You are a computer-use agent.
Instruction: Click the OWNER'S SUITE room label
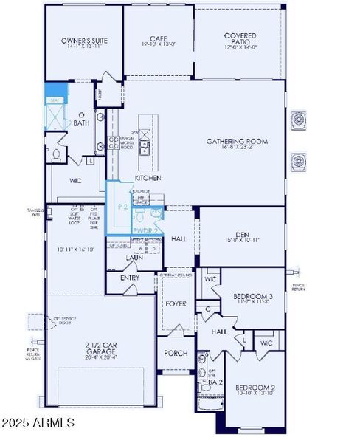[x=84, y=40]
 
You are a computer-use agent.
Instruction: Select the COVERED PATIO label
[x=240, y=35]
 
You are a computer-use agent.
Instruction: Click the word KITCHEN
[x=148, y=178]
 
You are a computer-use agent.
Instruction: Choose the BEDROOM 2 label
[x=255, y=388]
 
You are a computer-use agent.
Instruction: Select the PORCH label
[x=174, y=353]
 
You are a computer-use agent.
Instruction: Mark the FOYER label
[x=176, y=303]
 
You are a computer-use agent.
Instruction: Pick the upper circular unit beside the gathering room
[x=299, y=120]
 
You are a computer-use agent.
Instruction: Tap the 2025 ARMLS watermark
[x=39, y=423]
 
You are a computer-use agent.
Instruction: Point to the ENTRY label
[x=129, y=278]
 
